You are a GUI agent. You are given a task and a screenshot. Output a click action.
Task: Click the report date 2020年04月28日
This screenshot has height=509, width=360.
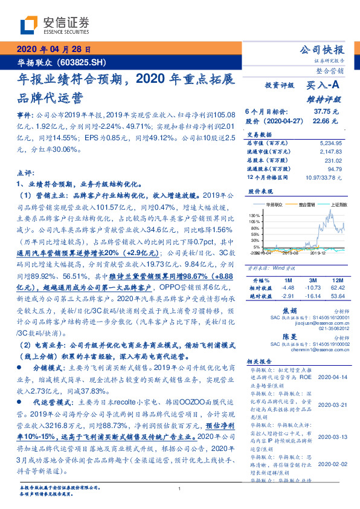(x=54, y=48)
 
